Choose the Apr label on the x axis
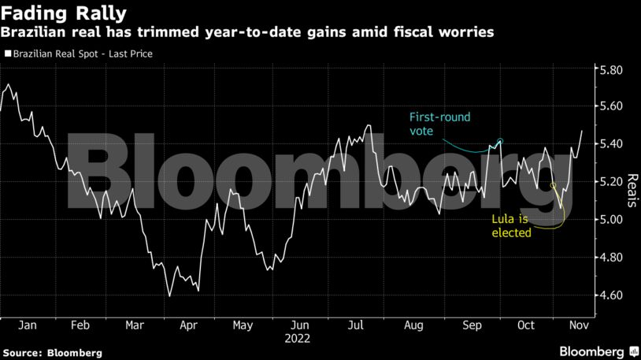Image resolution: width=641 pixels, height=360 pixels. point(189,325)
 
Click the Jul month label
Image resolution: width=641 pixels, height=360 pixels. point(356,325)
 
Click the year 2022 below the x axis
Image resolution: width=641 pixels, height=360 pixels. point(300,339)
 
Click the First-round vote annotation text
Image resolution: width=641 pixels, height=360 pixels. point(439,124)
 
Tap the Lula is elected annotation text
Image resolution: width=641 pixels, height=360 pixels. point(510,225)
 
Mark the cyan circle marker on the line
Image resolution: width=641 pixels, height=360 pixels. point(500,142)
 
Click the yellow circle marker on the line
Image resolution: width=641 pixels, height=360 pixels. point(553,186)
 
